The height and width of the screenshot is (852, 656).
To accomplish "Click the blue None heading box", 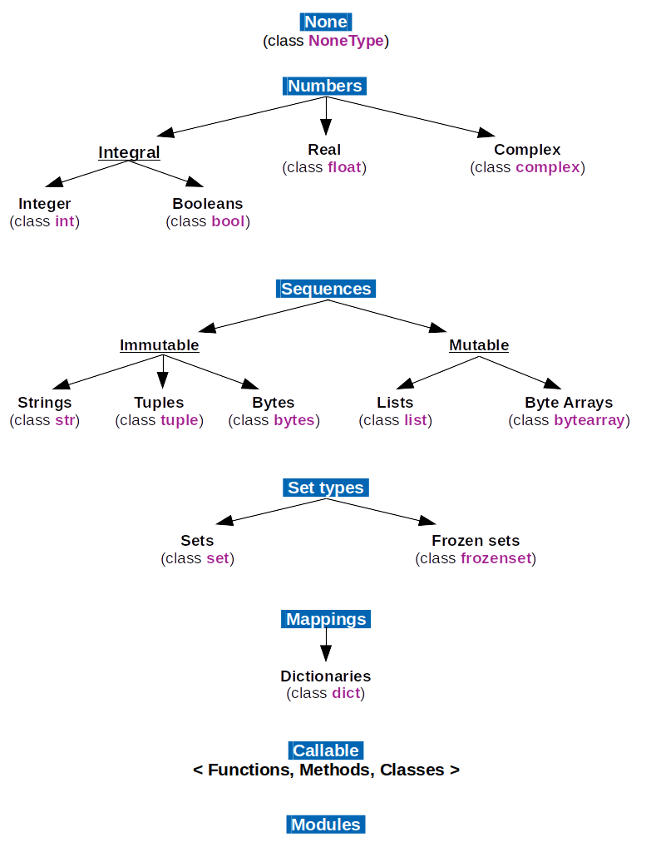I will (326, 22).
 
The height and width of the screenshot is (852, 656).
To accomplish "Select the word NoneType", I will (346, 41).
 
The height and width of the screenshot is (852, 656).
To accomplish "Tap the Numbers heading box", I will (325, 86).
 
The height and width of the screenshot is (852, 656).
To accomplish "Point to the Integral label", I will (129, 152).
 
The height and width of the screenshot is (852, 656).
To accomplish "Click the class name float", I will (344, 167).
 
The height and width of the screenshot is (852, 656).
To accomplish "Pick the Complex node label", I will (527, 150).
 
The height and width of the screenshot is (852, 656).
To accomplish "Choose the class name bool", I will (229, 221).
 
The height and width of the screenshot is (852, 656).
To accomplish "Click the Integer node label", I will (45, 204).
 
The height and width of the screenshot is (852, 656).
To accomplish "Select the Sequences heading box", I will (326, 289).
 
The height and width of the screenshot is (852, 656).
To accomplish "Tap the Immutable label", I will (160, 344).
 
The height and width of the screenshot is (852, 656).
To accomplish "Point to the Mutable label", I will (479, 344).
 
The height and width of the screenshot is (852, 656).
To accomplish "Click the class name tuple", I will (180, 420).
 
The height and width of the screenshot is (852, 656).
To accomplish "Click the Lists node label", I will (395, 403).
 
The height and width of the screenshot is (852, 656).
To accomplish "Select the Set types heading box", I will (326, 488).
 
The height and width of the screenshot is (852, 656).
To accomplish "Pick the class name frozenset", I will (496, 558).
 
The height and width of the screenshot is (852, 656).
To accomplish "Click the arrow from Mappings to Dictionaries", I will (326, 646).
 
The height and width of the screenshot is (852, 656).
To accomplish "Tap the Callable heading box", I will (326, 750).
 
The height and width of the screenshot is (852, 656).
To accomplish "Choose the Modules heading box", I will (326, 825).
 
